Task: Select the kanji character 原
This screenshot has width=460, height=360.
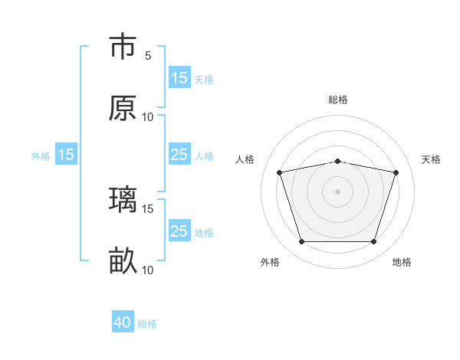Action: click(x=123, y=108)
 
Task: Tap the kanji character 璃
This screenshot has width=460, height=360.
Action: click(x=123, y=199)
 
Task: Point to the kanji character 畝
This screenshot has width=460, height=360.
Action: click(x=123, y=261)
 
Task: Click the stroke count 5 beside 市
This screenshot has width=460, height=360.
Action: click(x=148, y=55)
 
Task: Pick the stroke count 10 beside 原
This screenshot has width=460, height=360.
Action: click(x=148, y=117)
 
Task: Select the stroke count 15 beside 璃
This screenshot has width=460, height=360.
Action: click(x=148, y=208)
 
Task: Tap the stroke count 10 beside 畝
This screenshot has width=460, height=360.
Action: click(x=148, y=270)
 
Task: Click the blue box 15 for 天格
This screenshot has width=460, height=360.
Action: click(x=179, y=77)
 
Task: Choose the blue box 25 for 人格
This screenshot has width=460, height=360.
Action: click(x=179, y=155)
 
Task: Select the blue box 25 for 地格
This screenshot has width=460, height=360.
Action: click(x=179, y=231)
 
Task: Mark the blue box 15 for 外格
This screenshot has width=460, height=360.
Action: click(x=66, y=155)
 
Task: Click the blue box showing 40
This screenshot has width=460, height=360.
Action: click(x=123, y=323)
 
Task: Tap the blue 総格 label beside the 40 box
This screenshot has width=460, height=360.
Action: click(x=147, y=324)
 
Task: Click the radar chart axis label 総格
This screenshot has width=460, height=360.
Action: click(x=338, y=100)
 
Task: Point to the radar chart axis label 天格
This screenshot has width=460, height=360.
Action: click(x=431, y=159)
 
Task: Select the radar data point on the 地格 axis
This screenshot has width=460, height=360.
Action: click(x=373, y=242)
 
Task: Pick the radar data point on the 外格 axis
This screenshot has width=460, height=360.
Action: click(x=301, y=242)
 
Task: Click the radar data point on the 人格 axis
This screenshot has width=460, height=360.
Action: click(x=280, y=173)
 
